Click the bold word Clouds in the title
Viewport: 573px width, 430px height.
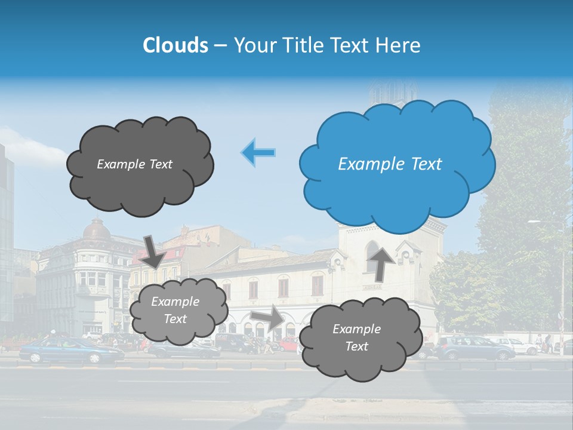(175, 45)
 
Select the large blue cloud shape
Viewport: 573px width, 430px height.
(397, 164)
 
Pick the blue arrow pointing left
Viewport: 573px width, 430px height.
(258, 152)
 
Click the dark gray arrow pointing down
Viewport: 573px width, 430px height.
(154, 251)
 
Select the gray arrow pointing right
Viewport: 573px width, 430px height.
(267, 318)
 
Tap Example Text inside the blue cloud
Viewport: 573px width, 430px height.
(390, 164)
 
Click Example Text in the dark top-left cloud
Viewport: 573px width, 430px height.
(134, 164)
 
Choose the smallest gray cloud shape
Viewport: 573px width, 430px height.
(178, 311)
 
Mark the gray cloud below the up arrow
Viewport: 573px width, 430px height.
(357, 338)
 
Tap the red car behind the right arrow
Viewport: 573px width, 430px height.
(290, 344)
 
